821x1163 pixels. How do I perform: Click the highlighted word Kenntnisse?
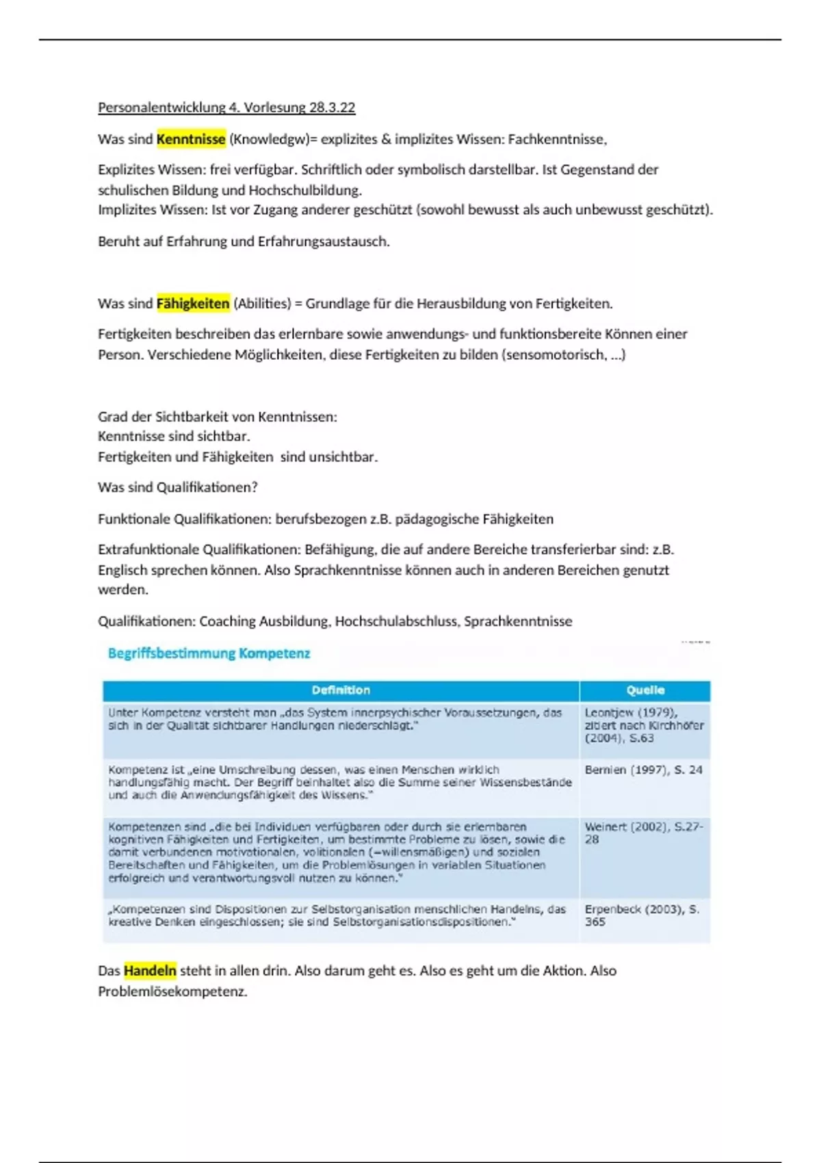191,139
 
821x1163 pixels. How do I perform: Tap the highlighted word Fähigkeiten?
193,303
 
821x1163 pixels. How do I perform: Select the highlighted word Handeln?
150,970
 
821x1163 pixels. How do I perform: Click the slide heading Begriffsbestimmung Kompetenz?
209,653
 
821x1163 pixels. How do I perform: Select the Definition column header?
341,690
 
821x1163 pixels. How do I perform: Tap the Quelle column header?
644,690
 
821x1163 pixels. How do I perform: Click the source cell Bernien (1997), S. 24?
643,770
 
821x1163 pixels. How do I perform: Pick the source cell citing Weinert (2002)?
643,833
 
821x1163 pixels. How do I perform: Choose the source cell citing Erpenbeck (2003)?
642,915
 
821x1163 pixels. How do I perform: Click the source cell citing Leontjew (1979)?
644,725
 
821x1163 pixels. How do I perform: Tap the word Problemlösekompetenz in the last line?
172,991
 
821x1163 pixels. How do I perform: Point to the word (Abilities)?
262,303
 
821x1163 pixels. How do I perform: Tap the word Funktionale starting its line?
133,519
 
